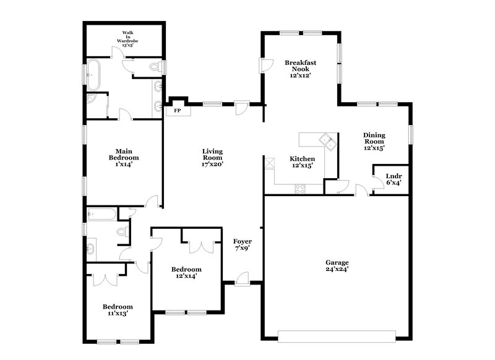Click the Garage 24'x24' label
pos(337,265)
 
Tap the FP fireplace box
pos(177,110)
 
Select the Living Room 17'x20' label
pos(212,158)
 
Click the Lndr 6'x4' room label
pos(394,179)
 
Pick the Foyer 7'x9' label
pos(242,244)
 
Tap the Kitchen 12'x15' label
pos(303,162)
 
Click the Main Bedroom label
pos(123,157)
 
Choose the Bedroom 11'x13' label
pos(118,310)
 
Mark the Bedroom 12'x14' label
pos(186,273)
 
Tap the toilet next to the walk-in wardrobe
pos(157,66)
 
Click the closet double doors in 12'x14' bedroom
pos(202,243)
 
